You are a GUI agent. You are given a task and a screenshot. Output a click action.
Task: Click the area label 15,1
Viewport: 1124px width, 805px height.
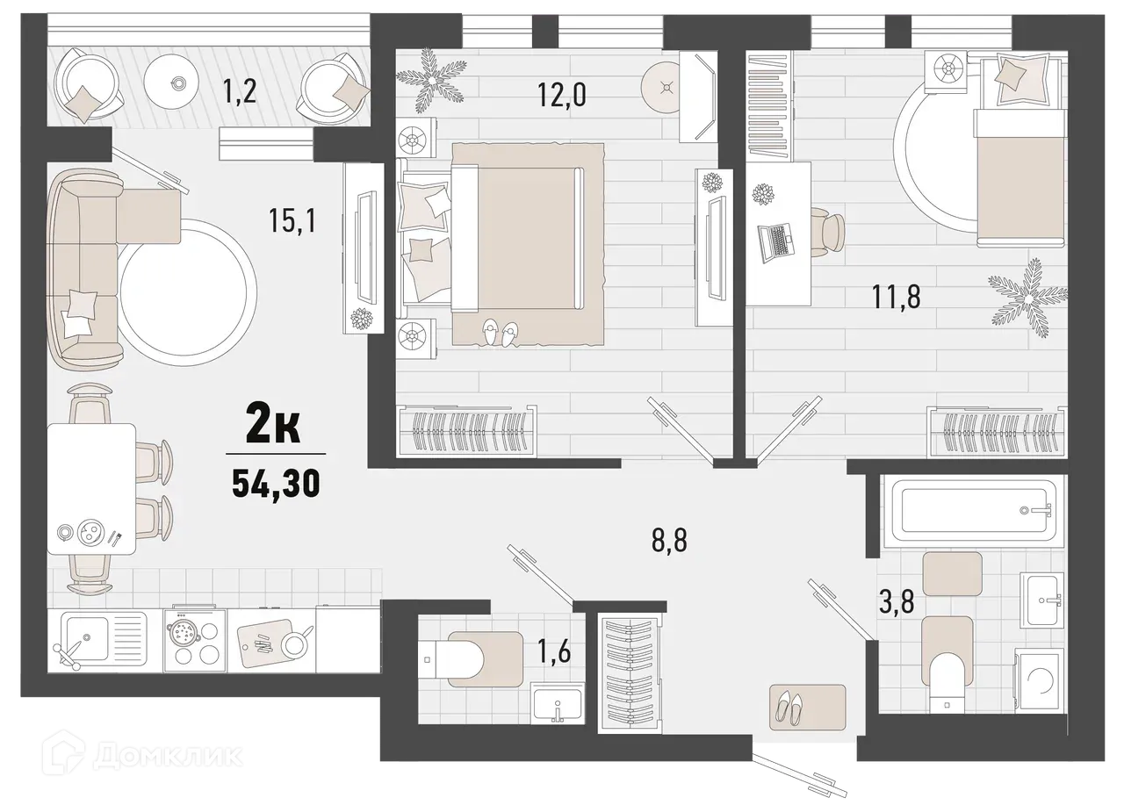292,220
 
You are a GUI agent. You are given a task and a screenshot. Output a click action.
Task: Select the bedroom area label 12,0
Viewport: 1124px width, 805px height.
563,94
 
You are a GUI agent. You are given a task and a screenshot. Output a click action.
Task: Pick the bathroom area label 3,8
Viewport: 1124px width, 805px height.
897,604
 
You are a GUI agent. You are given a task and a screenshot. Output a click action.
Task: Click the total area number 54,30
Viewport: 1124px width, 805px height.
275,482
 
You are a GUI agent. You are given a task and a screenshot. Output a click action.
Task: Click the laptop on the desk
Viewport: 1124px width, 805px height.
775,240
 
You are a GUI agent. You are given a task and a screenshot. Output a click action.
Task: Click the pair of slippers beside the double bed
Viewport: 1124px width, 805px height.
499,332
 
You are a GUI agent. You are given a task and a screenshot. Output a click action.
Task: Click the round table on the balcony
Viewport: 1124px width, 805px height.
178,84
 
